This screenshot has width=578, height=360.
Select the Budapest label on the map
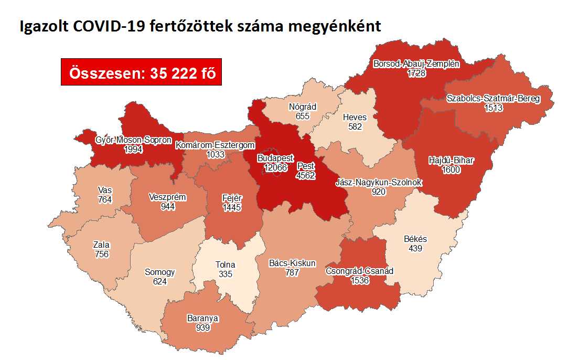point(275,158)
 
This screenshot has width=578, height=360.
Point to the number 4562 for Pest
point(306,175)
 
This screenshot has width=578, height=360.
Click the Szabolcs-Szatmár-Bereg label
point(494,99)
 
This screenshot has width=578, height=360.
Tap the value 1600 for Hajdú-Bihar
point(451,170)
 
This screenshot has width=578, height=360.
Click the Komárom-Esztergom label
point(215,145)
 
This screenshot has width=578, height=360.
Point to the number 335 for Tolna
point(226,273)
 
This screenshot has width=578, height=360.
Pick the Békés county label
point(415,239)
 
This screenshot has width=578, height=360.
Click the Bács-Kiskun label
point(291,263)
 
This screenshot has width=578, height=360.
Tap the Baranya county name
point(202,318)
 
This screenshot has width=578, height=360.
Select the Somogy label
point(160,272)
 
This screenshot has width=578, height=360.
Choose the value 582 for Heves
point(355,126)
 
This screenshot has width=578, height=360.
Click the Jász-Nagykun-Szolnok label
point(379,183)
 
